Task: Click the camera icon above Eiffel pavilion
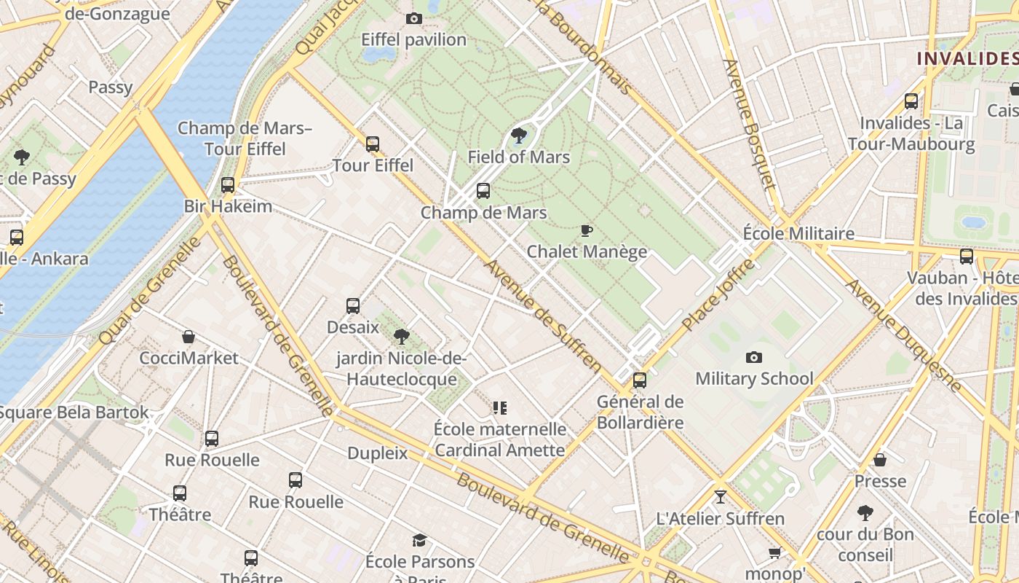[x=414, y=18]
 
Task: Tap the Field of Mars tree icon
[x=519, y=135]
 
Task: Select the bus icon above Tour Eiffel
[x=373, y=144]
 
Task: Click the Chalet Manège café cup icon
[x=587, y=230]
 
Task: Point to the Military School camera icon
[x=754, y=357]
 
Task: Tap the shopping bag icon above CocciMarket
[x=189, y=337]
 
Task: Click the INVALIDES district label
[x=967, y=58]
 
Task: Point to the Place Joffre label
[x=718, y=294]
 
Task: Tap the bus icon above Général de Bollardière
[x=640, y=380]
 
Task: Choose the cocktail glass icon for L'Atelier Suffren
[x=721, y=497]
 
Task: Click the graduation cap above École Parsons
[x=420, y=540]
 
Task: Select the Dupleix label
[x=378, y=453]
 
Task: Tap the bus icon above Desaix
[x=353, y=305]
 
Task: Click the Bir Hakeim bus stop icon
[x=228, y=185]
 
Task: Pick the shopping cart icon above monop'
[x=774, y=552]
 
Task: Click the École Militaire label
[x=798, y=233]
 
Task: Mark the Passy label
[x=111, y=87]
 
